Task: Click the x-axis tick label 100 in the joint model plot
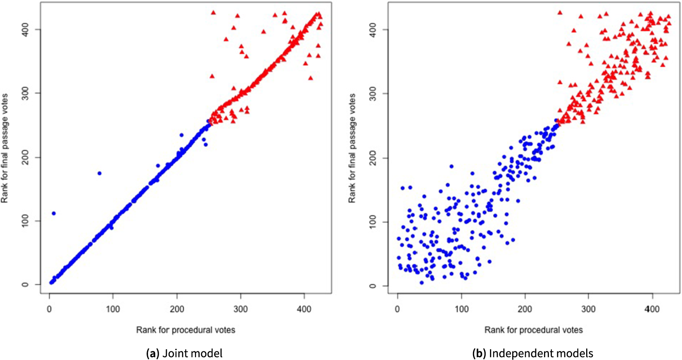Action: [x=113, y=309]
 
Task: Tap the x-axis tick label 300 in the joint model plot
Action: [x=240, y=309]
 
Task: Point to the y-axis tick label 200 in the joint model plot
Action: [x=26, y=157]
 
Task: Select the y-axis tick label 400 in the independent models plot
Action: [x=373, y=29]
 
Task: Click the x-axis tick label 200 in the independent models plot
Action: [x=525, y=309]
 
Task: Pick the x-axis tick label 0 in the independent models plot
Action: [x=397, y=309]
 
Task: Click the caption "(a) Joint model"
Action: [x=184, y=353]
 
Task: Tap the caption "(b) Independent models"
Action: [x=532, y=353]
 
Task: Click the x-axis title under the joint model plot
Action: [x=185, y=330]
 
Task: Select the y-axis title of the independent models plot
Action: [x=352, y=148]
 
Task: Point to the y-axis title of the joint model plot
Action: [x=5, y=148]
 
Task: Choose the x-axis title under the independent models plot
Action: [x=533, y=330]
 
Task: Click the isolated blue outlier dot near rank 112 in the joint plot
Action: [x=54, y=213]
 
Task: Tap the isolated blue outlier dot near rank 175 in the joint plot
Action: [x=99, y=173]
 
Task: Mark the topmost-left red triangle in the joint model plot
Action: [x=213, y=12]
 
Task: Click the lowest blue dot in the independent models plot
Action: [x=422, y=283]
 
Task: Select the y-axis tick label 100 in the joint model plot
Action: [x=26, y=221]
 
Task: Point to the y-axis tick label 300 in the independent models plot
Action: [x=373, y=93]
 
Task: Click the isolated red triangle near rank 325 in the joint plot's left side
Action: [x=212, y=76]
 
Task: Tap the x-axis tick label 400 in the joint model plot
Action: [x=304, y=309]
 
